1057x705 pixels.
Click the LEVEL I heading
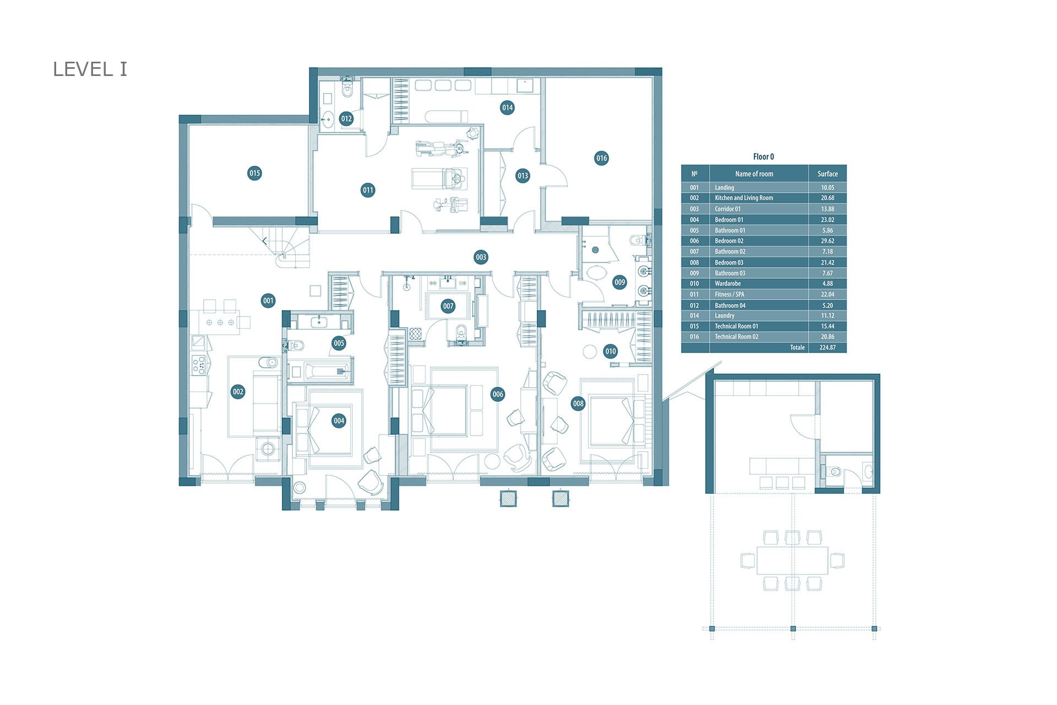click(x=90, y=69)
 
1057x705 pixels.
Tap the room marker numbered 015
click(x=254, y=173)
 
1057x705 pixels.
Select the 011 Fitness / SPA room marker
click(x=368, y=190)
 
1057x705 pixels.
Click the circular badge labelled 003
click(x=481, y=257)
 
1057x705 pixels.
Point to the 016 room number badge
click(x=602, y=158)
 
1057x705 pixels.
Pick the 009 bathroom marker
click(x=620, y=282)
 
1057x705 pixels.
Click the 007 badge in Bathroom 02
click(x=448, y=306)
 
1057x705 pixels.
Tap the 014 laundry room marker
click(x=507, y=107)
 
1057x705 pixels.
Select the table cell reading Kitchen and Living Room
click(x=744, y=198)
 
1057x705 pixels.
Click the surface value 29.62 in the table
click(x=827, y=241)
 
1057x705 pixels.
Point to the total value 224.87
click(x=827, y=348)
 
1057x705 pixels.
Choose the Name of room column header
click(x=754, y=173)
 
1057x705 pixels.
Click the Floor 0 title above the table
click(x=764, y=157)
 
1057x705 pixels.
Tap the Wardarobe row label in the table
click(x=728, y=284)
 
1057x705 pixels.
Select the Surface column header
click(x=827, y=173)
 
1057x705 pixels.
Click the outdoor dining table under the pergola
click(x=792, y=560)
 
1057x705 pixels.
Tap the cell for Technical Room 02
click(x=737, y=337)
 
